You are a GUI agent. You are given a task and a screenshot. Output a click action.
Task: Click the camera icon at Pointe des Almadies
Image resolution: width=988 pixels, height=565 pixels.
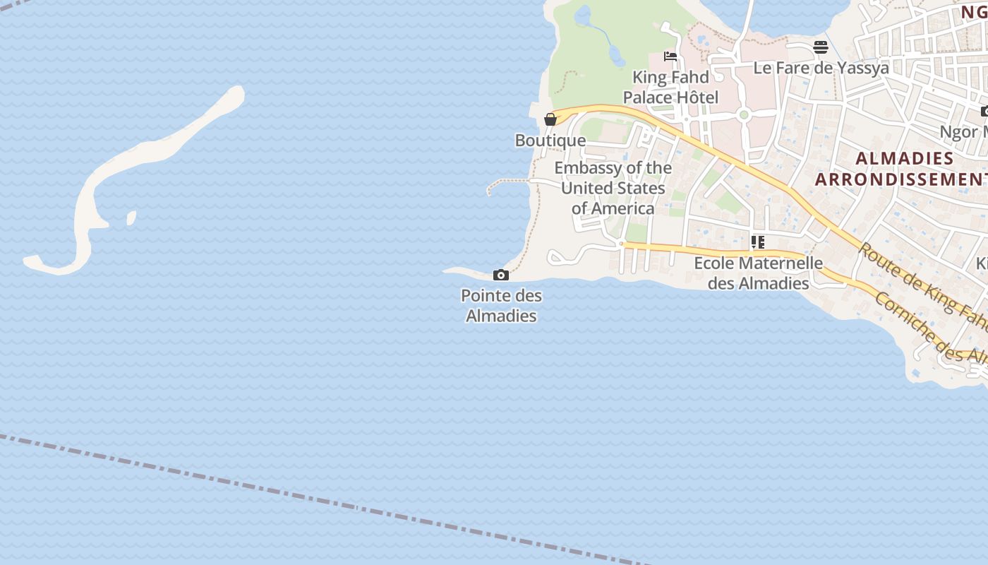pos(501,275)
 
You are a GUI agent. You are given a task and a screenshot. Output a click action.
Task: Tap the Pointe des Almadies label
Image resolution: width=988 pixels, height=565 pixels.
pos(501,305)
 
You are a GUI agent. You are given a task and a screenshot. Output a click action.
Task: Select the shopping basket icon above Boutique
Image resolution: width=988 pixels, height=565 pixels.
pos(550,119)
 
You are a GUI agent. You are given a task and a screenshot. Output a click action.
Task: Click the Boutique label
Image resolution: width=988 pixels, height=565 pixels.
pos(550,141)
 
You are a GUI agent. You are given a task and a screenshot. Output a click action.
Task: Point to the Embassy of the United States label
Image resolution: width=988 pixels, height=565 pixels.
pos(613,188)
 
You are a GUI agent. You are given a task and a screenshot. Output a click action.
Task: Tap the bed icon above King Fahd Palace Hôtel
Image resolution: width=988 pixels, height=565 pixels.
pos(670,56)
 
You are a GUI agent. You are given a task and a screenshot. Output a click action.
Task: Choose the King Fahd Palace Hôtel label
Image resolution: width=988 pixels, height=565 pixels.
pos(670,87)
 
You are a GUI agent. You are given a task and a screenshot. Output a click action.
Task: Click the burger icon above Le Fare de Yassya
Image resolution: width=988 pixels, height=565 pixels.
pos(820,47)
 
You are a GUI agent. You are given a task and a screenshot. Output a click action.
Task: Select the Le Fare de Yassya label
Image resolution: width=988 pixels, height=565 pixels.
pos(821,68)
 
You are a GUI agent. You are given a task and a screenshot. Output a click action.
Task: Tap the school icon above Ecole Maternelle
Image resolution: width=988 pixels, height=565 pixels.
pos(758,242)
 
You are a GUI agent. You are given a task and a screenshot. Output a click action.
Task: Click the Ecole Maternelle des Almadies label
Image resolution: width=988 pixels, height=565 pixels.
pos(758,273)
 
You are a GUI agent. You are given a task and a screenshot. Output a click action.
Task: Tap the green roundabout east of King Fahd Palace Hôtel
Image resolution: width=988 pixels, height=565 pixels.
pos(743,114)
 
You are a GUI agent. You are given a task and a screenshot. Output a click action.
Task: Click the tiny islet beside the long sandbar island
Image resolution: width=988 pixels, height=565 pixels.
pos(131,218)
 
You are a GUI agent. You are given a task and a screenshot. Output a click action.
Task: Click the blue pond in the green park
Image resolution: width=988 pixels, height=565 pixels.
pos(583,16)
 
